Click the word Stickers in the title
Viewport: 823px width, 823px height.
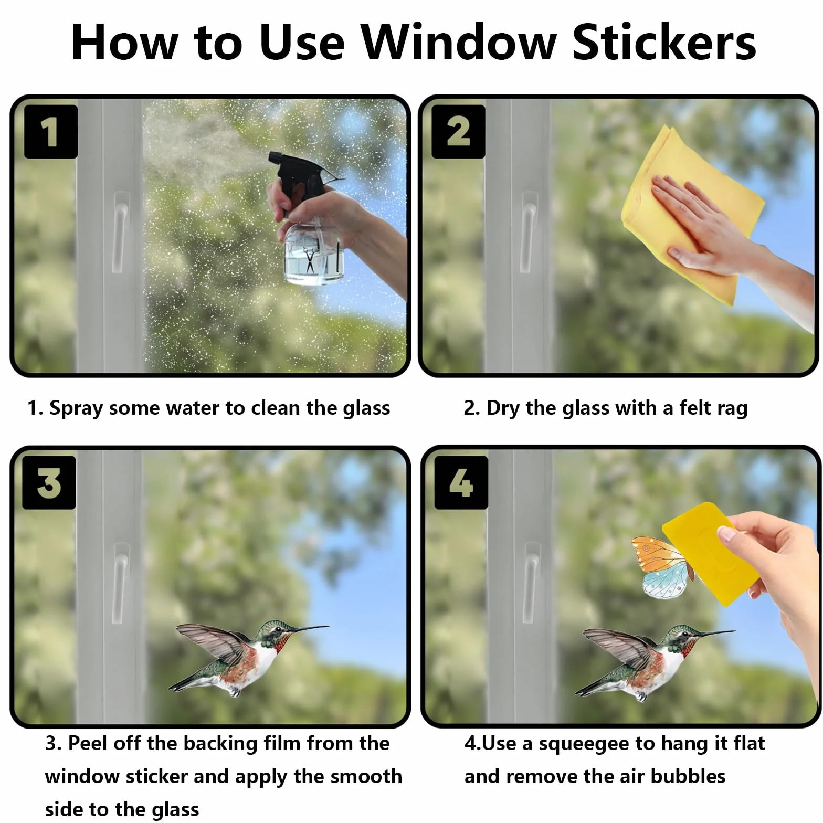pos(664,43)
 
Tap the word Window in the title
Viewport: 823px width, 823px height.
pos(458,43)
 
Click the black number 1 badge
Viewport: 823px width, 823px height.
pos(51,131)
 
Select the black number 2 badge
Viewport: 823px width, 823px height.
pos(458,131)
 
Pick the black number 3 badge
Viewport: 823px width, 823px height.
pos(49,482)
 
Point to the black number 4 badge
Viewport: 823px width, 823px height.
pos(461,482)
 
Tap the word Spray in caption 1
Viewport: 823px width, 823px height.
pos(76,409)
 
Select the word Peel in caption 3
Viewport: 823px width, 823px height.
pos(88,743)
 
